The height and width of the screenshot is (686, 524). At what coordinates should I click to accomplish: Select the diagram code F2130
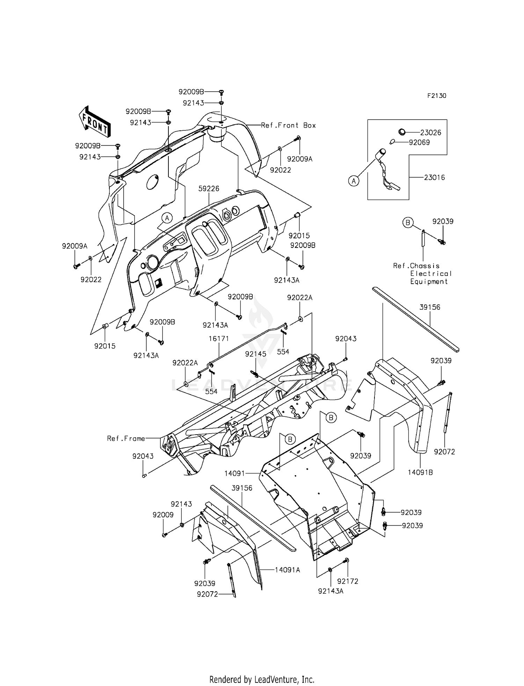click(436, 96)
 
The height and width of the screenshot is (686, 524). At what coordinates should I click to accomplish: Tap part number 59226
click(209, 189)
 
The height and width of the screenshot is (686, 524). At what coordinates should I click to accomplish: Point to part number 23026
click(430, 133)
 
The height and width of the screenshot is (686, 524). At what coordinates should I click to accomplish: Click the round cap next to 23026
click(402, 132)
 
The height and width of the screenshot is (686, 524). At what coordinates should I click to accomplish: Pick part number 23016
click(434, 178)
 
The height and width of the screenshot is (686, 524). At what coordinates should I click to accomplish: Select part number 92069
click(419, 142)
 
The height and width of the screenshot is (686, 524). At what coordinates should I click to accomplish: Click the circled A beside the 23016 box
click(354, 181)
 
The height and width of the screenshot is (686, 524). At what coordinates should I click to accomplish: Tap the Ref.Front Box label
click(288, 125)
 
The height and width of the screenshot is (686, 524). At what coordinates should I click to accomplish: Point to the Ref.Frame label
click(126, 438)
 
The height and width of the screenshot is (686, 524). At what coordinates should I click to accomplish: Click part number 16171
click(219, 338)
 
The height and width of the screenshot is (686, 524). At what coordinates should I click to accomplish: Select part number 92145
click(255, 354)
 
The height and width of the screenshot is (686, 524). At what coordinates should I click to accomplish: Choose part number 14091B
click(420, 472)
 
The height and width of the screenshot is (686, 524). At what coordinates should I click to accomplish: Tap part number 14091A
click(287, 570)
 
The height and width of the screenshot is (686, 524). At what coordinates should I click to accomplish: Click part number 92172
click(348, 581)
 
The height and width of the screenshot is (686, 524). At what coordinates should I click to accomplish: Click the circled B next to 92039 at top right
click(408, 222)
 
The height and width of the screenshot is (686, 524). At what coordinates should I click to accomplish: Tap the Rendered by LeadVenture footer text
click(262, 670)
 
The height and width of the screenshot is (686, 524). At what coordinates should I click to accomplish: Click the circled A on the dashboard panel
click(167, 218)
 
